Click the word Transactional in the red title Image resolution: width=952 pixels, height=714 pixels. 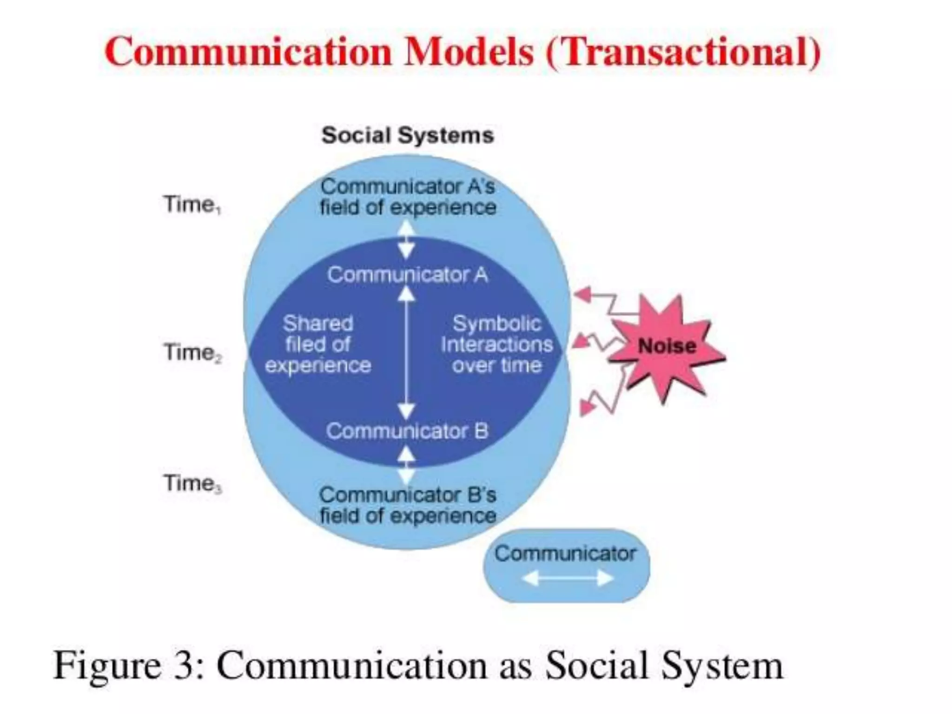(683, 52)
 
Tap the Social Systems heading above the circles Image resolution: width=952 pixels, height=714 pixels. (408, 136)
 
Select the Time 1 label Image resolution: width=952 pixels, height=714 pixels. (192, 205)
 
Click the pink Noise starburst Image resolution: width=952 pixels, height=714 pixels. (667, 346)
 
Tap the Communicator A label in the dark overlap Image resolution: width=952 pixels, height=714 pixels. (408, 275)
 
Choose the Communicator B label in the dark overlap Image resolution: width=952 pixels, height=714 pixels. (408, 431)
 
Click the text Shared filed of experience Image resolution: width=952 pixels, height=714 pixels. (318, 344)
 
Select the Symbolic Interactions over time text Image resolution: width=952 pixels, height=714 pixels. (496, 344)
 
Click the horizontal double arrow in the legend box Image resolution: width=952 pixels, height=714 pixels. (567, 578)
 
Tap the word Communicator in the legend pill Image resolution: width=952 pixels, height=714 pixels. (565, 554)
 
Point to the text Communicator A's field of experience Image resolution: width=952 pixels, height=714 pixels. (408, 197)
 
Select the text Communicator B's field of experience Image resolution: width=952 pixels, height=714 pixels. (408, 505)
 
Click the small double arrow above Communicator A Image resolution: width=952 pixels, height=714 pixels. (407, 239)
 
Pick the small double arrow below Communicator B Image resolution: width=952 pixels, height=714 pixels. (407, 465)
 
